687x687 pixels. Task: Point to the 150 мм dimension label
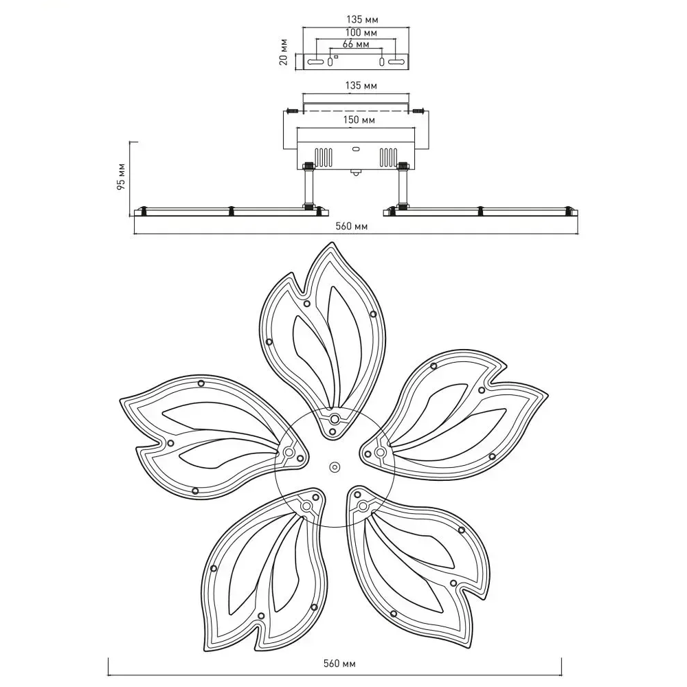point(357,120)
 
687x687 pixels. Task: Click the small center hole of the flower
point(335,466)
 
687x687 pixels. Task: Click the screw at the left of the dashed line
point(293,110)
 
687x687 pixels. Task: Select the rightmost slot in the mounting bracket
point(397,63)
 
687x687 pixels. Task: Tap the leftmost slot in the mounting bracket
point(315,63)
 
